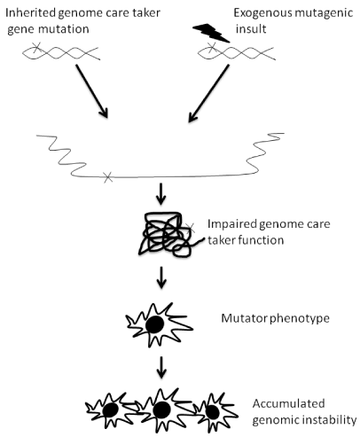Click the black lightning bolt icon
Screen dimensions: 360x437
(211, 33)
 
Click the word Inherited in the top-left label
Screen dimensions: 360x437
(30, 13)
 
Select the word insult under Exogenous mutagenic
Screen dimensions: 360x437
(251, 29)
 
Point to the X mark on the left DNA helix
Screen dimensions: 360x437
(36, 47)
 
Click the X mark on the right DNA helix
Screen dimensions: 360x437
(211, 46)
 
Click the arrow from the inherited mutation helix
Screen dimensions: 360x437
(92, 91)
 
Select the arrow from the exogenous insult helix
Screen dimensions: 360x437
(208, 93)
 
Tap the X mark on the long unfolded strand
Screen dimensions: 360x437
(108, 177)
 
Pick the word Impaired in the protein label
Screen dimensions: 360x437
(232, 224)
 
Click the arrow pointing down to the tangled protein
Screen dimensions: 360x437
(160, 194)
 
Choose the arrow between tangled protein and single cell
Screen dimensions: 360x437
(160, 277)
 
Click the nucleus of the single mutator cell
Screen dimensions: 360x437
(154, 324)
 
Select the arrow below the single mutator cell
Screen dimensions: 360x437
(160, 367)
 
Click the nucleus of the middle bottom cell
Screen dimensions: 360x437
(161, 410)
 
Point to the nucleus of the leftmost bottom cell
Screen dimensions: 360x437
(111, 410)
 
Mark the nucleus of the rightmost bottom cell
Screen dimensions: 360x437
(212, 412)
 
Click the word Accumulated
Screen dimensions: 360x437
(289, 403)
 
